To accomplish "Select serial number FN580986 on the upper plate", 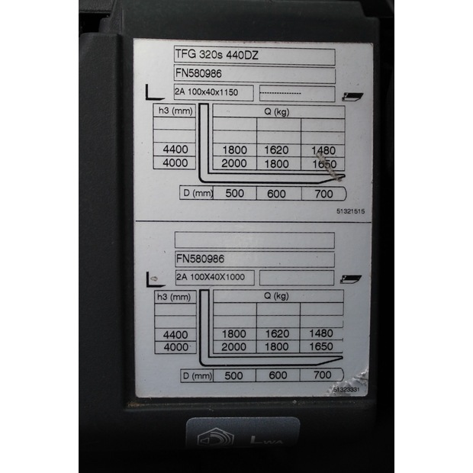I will (201, 75).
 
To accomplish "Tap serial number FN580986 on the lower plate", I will (201, 259).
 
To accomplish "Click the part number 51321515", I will (350, 211).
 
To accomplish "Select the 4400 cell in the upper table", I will (175, 150).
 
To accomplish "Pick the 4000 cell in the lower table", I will (175, 346).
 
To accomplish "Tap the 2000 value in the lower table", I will (234, 347).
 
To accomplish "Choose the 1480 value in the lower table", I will (322, 333).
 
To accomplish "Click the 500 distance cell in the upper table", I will (235, 193).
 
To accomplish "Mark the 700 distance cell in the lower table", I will (322, 375).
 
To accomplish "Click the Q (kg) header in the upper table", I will (275, 111).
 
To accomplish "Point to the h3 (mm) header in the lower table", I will (175, 296).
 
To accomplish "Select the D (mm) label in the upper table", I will (197, 193).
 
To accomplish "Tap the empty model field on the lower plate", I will (254, 240).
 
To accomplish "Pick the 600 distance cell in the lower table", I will (278, 375).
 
